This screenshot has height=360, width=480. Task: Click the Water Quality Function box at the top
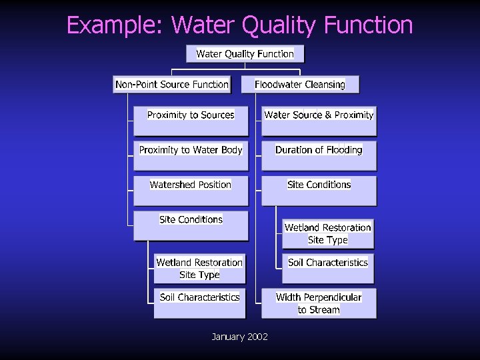[x=245, y=54]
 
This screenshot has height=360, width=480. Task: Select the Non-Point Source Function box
[x=172, y=85]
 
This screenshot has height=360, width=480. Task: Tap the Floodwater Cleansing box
[x=300, y=85]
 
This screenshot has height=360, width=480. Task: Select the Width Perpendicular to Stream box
[x=319, y=303]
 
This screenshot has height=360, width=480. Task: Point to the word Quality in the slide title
[x=279, y=25]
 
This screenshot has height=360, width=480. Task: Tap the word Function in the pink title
[x=368, y=25]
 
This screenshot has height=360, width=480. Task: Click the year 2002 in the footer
[x=257, y=337]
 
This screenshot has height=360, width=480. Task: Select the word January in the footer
[x=227, y=337]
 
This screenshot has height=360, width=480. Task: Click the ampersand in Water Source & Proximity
[x=328, y=115]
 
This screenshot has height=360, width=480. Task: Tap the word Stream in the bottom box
[x=325, y=310]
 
